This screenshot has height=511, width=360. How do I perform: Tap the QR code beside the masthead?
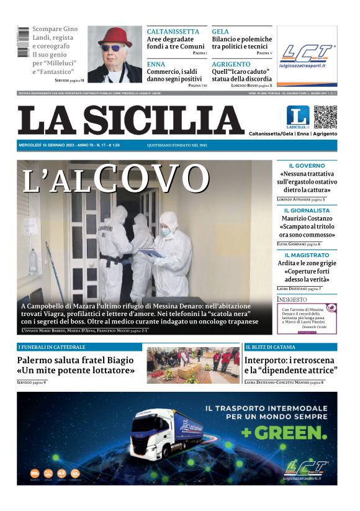[325, 117]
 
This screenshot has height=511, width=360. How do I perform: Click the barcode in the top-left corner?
[23, 42]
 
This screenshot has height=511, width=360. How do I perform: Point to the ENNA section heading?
[156, 64]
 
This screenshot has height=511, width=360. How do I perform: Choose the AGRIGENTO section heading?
[231, 64]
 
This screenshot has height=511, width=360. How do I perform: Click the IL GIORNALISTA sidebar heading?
[307, 210]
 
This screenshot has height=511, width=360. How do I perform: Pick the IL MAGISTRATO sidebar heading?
[307, 255]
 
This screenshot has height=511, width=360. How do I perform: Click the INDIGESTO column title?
[292, 299]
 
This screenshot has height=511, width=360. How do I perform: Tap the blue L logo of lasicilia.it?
[297, 117]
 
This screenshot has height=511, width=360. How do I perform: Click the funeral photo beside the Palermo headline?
[193, 366]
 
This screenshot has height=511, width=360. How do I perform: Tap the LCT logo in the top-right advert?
[307, 53]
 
